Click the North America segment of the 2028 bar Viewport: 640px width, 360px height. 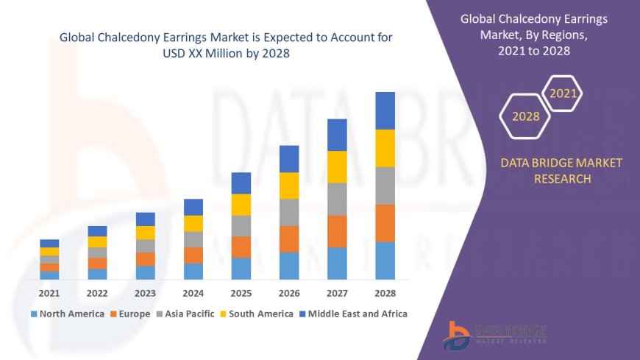385,261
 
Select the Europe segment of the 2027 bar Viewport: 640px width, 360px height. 337,231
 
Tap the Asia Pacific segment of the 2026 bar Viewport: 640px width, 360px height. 289,212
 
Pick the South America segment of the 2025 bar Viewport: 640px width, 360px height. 241,205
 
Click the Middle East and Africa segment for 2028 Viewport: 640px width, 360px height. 385,110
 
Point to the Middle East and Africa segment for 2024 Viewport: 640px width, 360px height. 193,207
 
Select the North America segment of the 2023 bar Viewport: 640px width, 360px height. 146,272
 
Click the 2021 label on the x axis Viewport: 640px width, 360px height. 49,292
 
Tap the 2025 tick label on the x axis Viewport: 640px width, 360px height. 241,292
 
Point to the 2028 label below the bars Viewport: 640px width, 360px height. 385,292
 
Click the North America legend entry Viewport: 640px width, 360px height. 67,314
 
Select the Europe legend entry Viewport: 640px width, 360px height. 131,314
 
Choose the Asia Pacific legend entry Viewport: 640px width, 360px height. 185,314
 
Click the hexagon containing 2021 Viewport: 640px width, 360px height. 563,93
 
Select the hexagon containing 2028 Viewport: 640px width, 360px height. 526,116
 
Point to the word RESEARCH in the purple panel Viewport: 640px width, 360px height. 561,179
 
